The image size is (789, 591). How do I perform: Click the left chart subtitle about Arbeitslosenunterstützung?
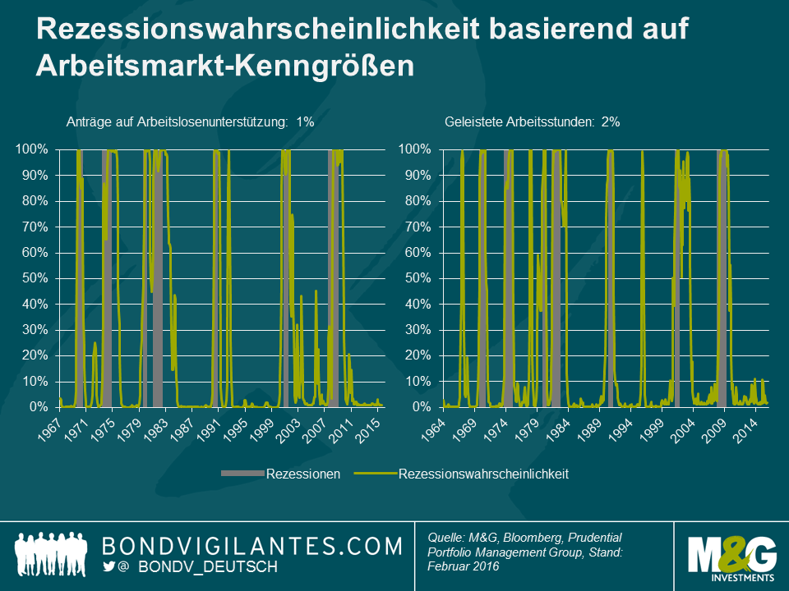click(190, 121)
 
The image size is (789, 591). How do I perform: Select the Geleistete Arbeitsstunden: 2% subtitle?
click(532, 121)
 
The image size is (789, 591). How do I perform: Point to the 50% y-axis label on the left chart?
click(38, 278)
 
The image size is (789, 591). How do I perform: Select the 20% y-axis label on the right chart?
click(420, 355)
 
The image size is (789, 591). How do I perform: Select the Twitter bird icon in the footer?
click(109, 567)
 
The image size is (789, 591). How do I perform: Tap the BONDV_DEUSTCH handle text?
click(208, 567)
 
